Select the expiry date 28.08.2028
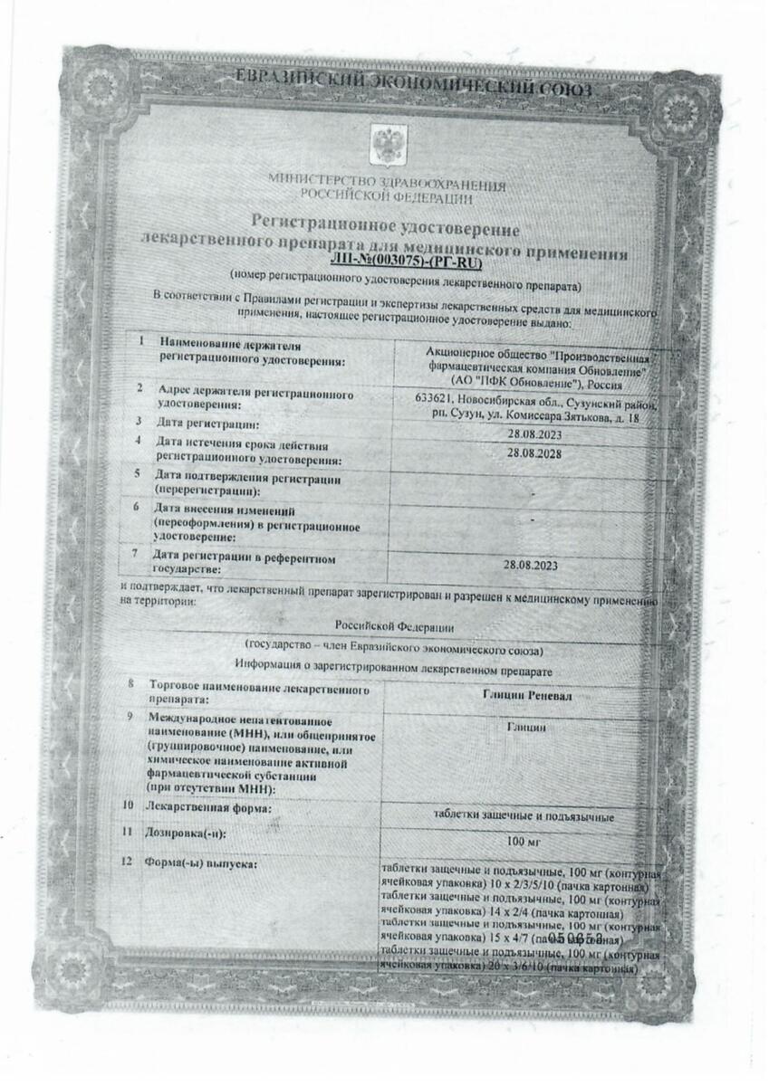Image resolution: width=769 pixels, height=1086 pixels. pyautogui.click(x=534, y=453)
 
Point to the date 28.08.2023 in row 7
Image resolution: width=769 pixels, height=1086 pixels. pyautogui.click(x=531, y=566)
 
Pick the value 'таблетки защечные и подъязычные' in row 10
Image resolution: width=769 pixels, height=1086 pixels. pyautogui.click(x=523, y=816)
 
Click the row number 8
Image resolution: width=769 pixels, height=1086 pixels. pyautogui.click(x=131, y=687)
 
